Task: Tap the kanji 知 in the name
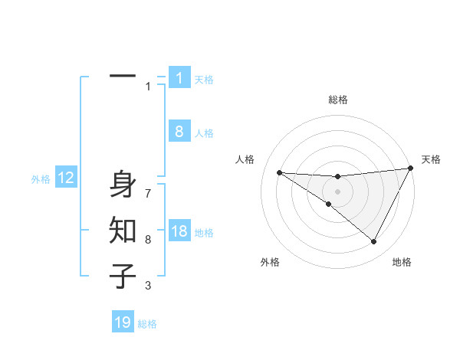tap(123, 230)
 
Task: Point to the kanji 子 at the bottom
tap(123, 276)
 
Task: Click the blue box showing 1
tap(179, 77)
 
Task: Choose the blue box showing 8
tap(179, 131)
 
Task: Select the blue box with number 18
tap(179, 231)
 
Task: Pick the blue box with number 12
tap(66, 178)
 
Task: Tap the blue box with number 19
tap(123, 322)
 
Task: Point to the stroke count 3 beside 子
tap(148, 286)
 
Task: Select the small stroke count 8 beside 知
tap(148, 240)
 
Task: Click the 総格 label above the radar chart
tap(338, 100)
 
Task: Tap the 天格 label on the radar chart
tap(432, 159)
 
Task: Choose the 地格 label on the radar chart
tap(402, 262)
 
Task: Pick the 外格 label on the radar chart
tap(270, 262)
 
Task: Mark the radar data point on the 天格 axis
tap(411, 169)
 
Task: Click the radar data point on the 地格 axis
tap(374, 242)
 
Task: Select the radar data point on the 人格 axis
tap(279, 172)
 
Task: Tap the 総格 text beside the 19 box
tap(147, 324)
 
